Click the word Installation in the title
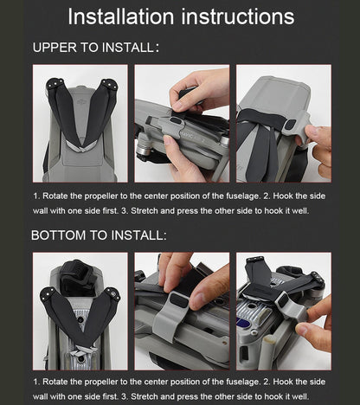pyautogui.click(x=121, y=16)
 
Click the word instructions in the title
pyautogui.click(x=237, y=16)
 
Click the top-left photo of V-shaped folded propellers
pyautogui.click(x=80, y=123)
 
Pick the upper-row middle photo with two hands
pyautogui.click(x=182, y=123)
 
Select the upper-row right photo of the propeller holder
pyautogui.click(x=284, y=123)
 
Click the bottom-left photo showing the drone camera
pyautogui.click(x=80, y=311)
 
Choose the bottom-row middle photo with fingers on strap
pyautogui.click(x=182, y=311)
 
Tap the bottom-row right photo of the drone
pyautogui.click(x=284, y=311)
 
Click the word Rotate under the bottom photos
pyautogui.click(x=59, y=382)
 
